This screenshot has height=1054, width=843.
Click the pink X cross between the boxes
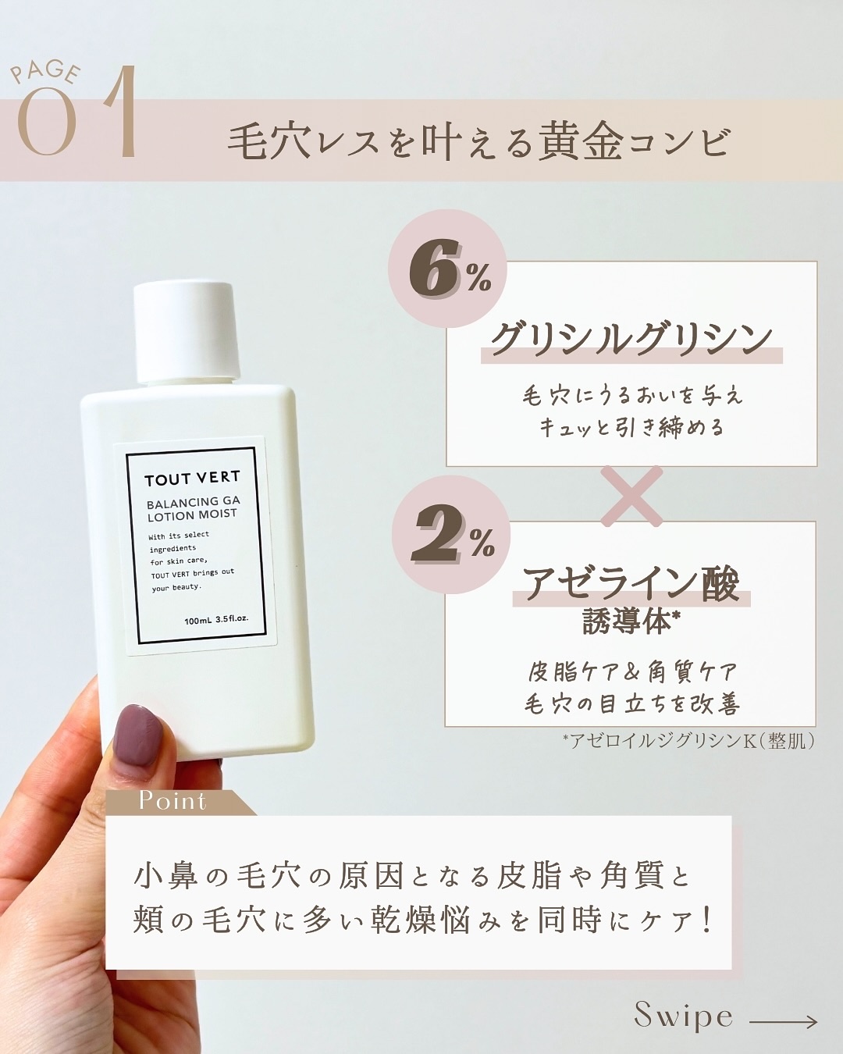pos(632,495)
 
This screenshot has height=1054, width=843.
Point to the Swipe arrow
pos(783,1021)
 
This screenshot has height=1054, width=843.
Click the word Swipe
pos(683,1016)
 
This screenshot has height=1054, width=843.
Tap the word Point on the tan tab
pos(173,801)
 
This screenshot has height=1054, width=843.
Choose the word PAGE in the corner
pos(45,72)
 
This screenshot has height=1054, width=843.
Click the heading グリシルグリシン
pos(631,339)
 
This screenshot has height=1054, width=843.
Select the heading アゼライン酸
pos(631,583)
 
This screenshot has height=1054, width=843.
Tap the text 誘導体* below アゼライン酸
pos(631,622)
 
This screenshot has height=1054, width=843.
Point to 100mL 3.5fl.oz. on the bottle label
pos(216,620)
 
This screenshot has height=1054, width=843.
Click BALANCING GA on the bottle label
pos(193,502)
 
